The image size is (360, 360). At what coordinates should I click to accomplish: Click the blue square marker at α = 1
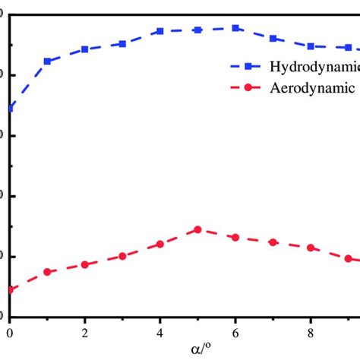click(x=47, y=61)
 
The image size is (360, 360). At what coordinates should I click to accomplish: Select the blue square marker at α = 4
click(x=160, y=31)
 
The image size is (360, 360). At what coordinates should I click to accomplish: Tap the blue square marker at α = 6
click(x=235, y=28)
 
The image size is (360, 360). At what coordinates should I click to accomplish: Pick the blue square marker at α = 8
click(x=311, y=46)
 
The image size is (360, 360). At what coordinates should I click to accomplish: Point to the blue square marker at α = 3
click(x=122, y=44)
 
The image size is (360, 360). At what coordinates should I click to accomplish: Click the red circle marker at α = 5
click(x=197, y=229)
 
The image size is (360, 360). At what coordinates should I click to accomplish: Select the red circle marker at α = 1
click(x=47, y=272)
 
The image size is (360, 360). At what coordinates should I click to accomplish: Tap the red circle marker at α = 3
click(x=122, y=257)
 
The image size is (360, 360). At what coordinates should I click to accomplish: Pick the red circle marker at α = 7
click(x=273, y=242)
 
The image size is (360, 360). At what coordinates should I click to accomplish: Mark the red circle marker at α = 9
click(x=349, y=258)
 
